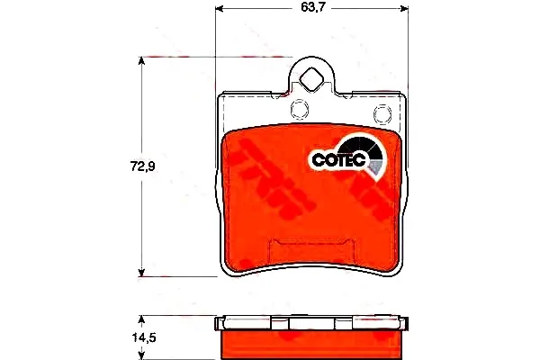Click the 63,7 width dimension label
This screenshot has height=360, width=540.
313,7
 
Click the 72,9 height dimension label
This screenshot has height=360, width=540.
142,166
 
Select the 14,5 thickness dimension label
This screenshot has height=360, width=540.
144,337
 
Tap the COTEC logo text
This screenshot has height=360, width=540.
338,160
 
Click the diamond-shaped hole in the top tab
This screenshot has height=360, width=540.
311,79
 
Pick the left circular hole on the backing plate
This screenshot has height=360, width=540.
300,109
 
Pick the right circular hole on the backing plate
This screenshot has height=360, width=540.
382,113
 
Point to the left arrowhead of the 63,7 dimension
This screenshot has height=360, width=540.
220,9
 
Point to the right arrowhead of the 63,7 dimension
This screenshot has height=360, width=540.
404,9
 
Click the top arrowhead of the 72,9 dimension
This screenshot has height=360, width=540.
141,61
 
